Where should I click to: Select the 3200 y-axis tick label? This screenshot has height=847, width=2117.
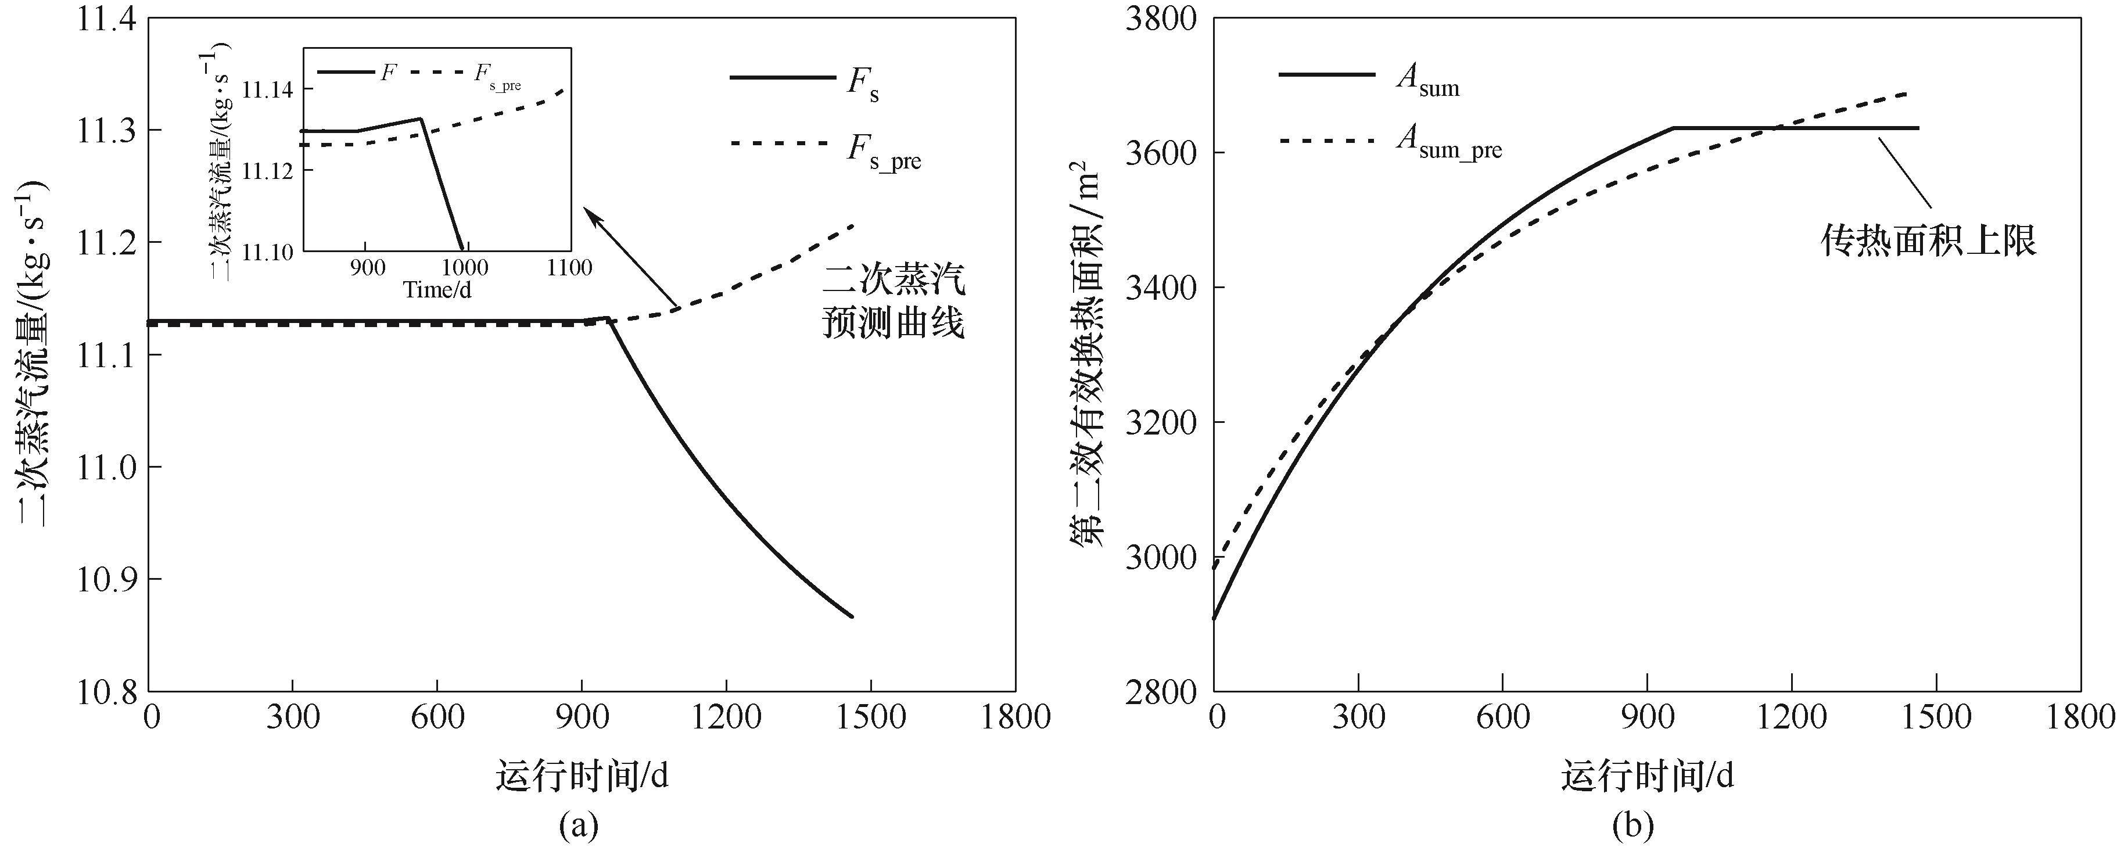coord(1161,422)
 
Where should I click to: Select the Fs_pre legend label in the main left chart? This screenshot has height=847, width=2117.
coord(884,152)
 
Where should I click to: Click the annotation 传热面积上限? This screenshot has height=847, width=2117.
coord(1928,241)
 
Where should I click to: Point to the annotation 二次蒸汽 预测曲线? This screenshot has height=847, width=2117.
coord(894,302)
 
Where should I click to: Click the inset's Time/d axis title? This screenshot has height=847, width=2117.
coord(437,290)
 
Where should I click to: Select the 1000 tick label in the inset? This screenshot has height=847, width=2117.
coord(464,268)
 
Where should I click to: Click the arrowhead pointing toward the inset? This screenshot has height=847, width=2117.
coord(590,214)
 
